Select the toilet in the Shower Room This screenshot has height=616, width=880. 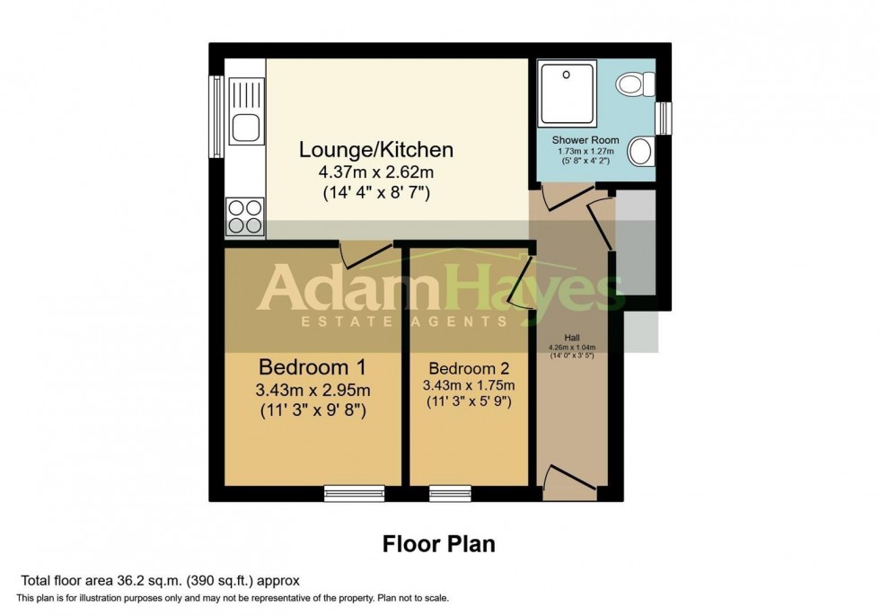pyautogui.click(x=635, y=84)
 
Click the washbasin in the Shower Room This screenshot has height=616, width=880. pyautogui.click(x=639, y=151)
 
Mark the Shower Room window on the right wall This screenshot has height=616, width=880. pyautogui.click(x=664, y=117)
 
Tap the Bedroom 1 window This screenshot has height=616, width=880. pyautogui.click(x=354, y=493)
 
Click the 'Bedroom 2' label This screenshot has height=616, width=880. pyautogui.click(x=469, y=368)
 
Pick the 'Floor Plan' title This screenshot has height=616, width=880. pyautogui.click(x=439, y=543)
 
